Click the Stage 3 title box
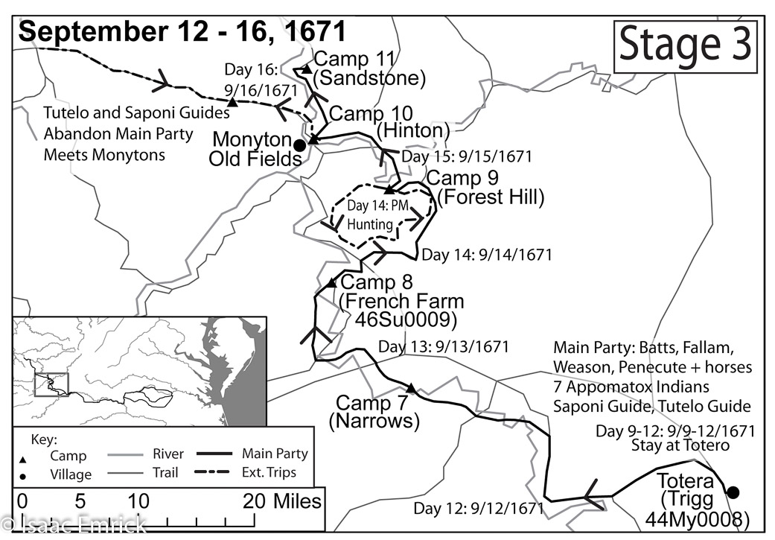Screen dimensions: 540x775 (686, 46)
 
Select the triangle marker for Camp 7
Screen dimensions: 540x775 (410, 387)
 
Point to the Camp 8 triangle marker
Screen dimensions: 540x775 (331, 283)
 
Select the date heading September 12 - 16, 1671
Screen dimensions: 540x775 (182, 31)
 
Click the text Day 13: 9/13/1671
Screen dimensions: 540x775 (443, 347)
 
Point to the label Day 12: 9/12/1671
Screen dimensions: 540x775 (479, 509)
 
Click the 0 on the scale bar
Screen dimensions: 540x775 (22, 501)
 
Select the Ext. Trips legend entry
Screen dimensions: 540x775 (269, 472)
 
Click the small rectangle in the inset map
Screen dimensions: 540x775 (51, 384)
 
